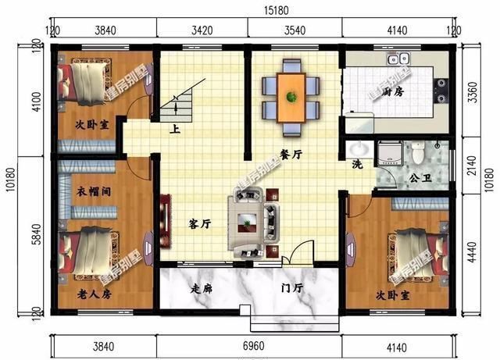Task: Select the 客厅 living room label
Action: [x=201, y=223]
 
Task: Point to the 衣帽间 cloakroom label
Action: [x=92, y=191]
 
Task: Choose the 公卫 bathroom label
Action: [x=420, y=177]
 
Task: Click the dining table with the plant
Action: [x=291, y=97]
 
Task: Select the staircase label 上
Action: [x=177, y=130]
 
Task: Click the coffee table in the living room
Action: [x=249, y=226]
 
